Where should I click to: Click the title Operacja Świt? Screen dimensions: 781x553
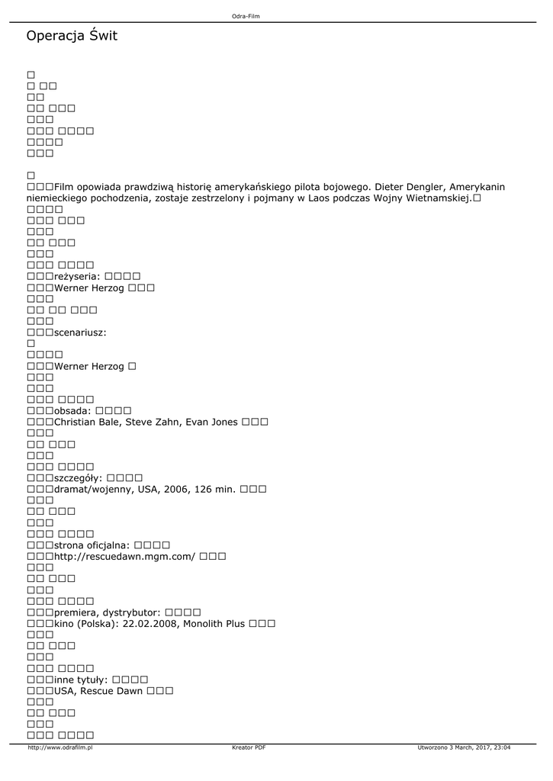click(x=72, y=36)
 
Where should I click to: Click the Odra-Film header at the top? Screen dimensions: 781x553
click(x=246, y=16)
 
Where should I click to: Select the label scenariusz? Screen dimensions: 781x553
click(x=80, y=333)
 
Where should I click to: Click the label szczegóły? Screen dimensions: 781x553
click(x=79, y=477)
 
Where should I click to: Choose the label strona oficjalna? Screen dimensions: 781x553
click(x=92, y=545)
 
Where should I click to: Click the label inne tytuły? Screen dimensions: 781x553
click(x=81, y=679)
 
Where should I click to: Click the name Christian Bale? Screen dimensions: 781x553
click(x=87, y=422)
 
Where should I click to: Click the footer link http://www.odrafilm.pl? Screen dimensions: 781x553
click(x=59, y=747)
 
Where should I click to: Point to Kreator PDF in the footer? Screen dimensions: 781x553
click(x=249, y=747)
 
